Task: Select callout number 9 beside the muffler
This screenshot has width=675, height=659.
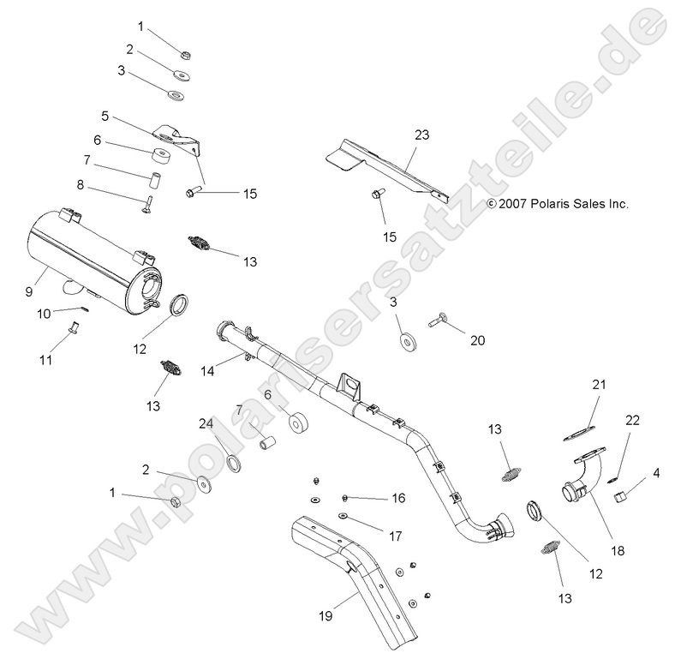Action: tap(28, 292)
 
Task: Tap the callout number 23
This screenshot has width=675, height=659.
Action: tap(421, 135)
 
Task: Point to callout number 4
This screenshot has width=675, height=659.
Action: tap(656, 472)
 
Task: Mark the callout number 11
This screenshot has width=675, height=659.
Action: tap(47, 361)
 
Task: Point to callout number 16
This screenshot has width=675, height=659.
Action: tap(398, 498)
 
